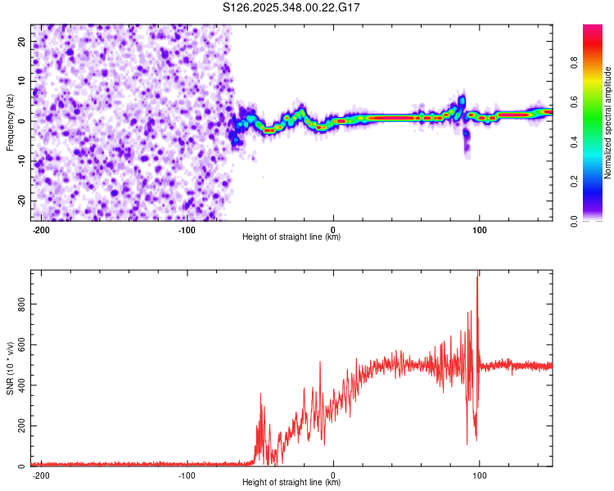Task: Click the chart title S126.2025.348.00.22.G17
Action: point(292,7)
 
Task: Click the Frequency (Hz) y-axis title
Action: point(10,121)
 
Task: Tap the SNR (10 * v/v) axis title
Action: point(10,368)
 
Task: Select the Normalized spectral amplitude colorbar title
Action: point(608,122)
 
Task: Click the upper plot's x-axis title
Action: point(291,237)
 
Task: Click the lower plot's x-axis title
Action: point(291,483)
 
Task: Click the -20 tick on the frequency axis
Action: point(20,200)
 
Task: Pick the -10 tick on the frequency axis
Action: point(20,160)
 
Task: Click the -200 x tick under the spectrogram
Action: point(41,229)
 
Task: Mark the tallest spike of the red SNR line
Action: point(477,277)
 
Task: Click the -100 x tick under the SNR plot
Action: point(187,475)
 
